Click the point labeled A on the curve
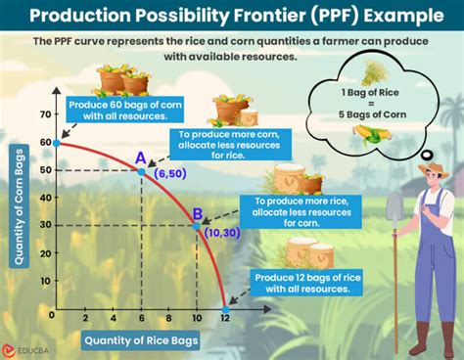141,171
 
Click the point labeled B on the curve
197,226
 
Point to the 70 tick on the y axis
43,115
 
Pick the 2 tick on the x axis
85,318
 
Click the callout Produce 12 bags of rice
300,284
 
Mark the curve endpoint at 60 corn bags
57,143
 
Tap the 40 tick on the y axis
43,199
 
